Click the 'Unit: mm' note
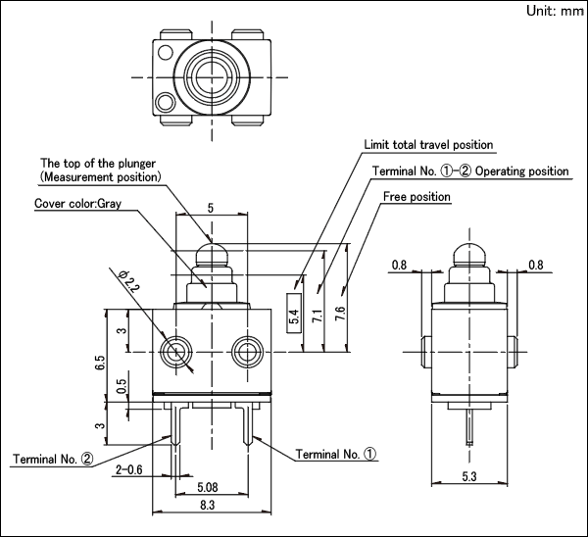point(555,11)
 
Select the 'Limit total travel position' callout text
point(428,145)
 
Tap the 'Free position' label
point(416,197)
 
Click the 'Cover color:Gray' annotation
point(78,203)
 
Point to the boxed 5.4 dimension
point(294,314)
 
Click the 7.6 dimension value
point(340,314)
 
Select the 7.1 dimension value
point(318,316)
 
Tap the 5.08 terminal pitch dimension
point(208,487)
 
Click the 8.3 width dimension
point(208,505)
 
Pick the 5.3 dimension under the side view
point(469,476)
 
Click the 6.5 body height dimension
point(100,363)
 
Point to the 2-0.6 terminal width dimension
point(128,469)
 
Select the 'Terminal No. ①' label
point(335,454)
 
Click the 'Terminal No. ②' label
point(53,459)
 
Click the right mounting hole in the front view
point(247,352)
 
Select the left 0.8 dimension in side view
point(400,266)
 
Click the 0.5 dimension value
point(122,386)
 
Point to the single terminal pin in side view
point(469,427)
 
